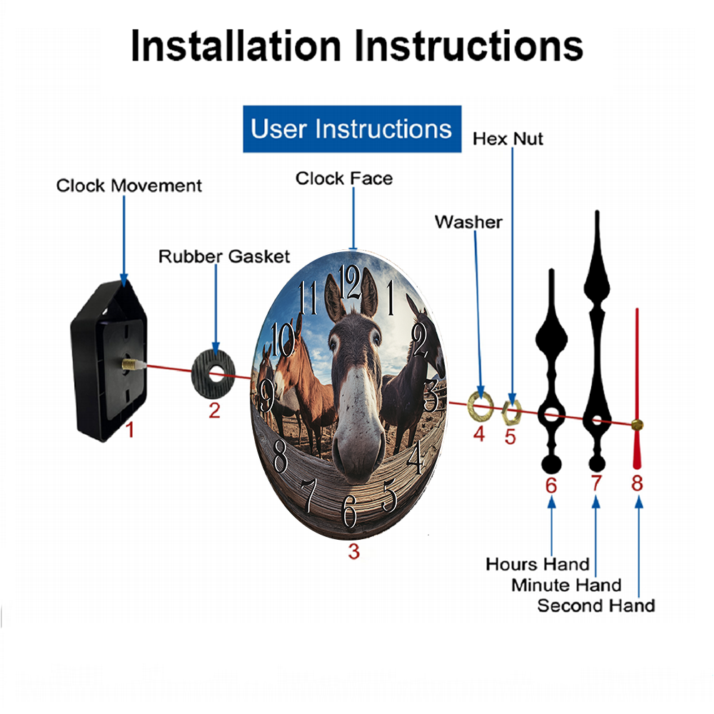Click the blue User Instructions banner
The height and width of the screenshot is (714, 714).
[x=352, y=129]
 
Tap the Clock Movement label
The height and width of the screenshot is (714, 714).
[x=129, y=186]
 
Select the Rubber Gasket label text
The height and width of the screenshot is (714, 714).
[x=224, y=256]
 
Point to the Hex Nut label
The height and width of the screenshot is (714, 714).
[x=508, y=139]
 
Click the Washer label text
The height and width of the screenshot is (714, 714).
[x=468, y=222]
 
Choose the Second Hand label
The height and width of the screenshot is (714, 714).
[x=596, y=605]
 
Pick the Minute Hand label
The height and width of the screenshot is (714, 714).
[x=566, y=585]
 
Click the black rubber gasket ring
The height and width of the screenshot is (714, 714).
[x=213, y=373]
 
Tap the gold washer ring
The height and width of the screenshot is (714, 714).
[x=481, y=405]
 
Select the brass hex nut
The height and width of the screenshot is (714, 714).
[x=511, y=413]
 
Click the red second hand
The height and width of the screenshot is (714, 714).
[x=637, y=388]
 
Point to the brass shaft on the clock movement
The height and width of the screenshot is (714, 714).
[x=132, y=364]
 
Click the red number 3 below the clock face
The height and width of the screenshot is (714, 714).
[x=354, y=551]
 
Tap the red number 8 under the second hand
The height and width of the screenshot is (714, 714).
[x=637, y=483]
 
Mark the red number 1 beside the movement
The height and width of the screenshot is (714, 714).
[x=130, y=430]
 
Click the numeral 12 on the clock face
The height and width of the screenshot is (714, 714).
[x=350, y=282]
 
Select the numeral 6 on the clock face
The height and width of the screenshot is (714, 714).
[x=349, y=511]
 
